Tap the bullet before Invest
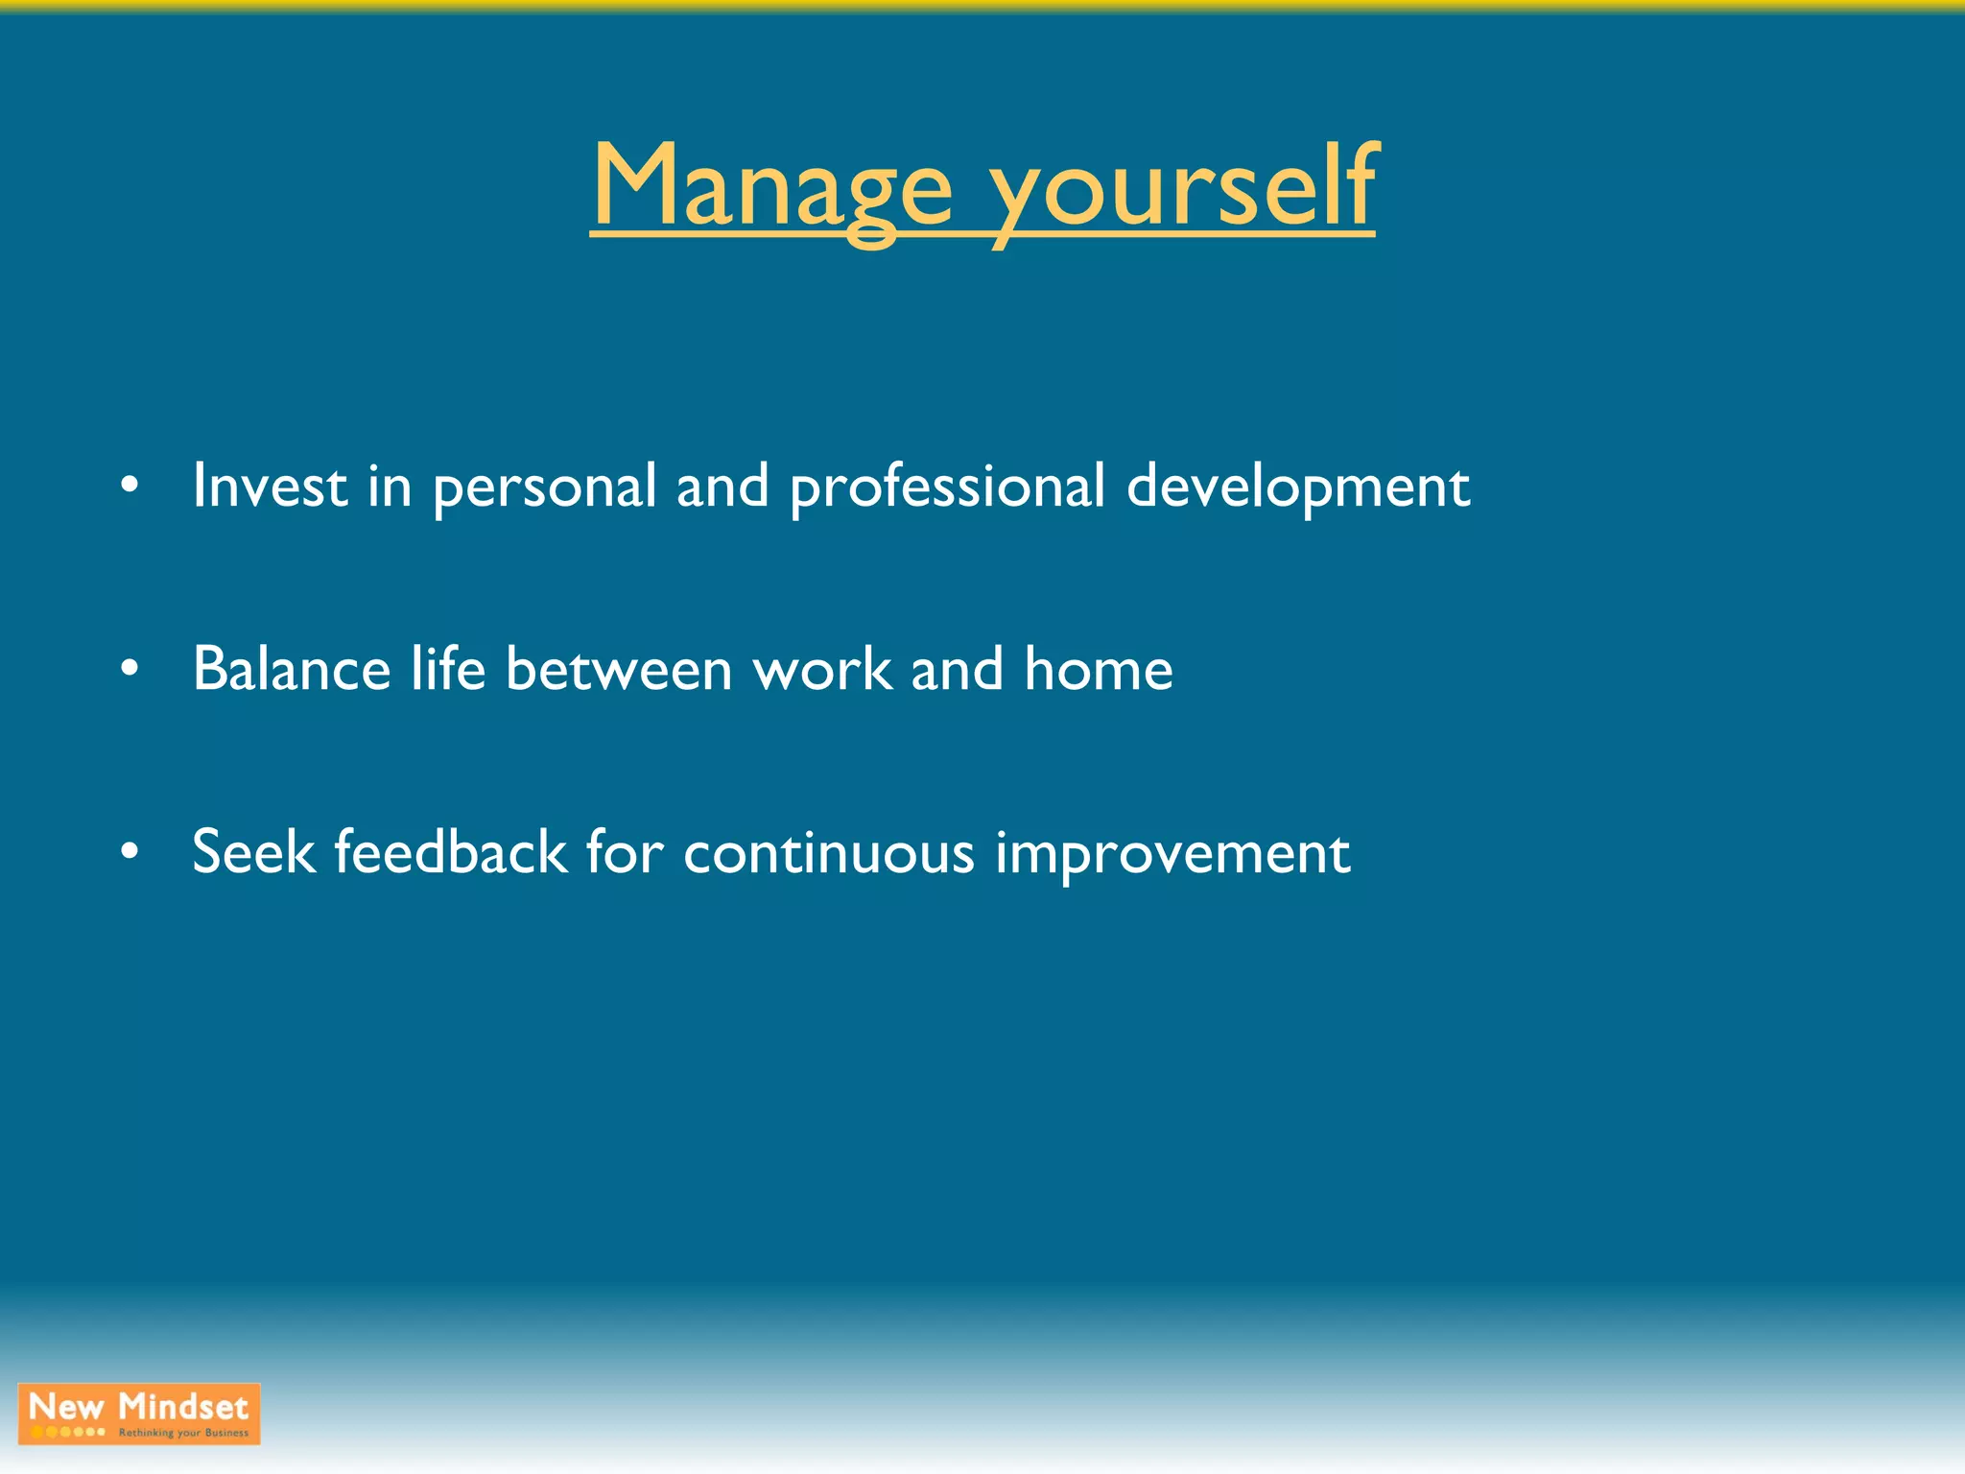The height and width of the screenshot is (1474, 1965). (x=130, y=486)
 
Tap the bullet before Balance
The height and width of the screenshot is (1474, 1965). (x=130, y=669)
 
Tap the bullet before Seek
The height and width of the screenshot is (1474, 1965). (x=130, y=852)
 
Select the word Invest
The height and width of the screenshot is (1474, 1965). (x=270, y=486)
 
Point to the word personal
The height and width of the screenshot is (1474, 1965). (x=544, y=487)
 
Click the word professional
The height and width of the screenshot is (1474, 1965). (x=947, y=487)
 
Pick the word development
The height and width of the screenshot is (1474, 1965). (x=1297, y=487)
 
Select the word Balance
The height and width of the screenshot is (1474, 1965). (x=292, y=669)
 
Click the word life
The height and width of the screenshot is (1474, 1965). (x=448, y=669)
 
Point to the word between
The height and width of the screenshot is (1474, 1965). (x=619, y=669)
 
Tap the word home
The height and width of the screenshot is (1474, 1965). (x=1098, y=669)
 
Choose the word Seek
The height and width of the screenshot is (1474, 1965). (x=253, y=852)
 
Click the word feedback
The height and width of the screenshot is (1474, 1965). (x=450, y=852)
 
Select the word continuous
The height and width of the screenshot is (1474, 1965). (x=828, y=852)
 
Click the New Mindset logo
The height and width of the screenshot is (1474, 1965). (x=139, y=1413)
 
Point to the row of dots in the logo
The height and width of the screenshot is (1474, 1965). (x=67, y=1432)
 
